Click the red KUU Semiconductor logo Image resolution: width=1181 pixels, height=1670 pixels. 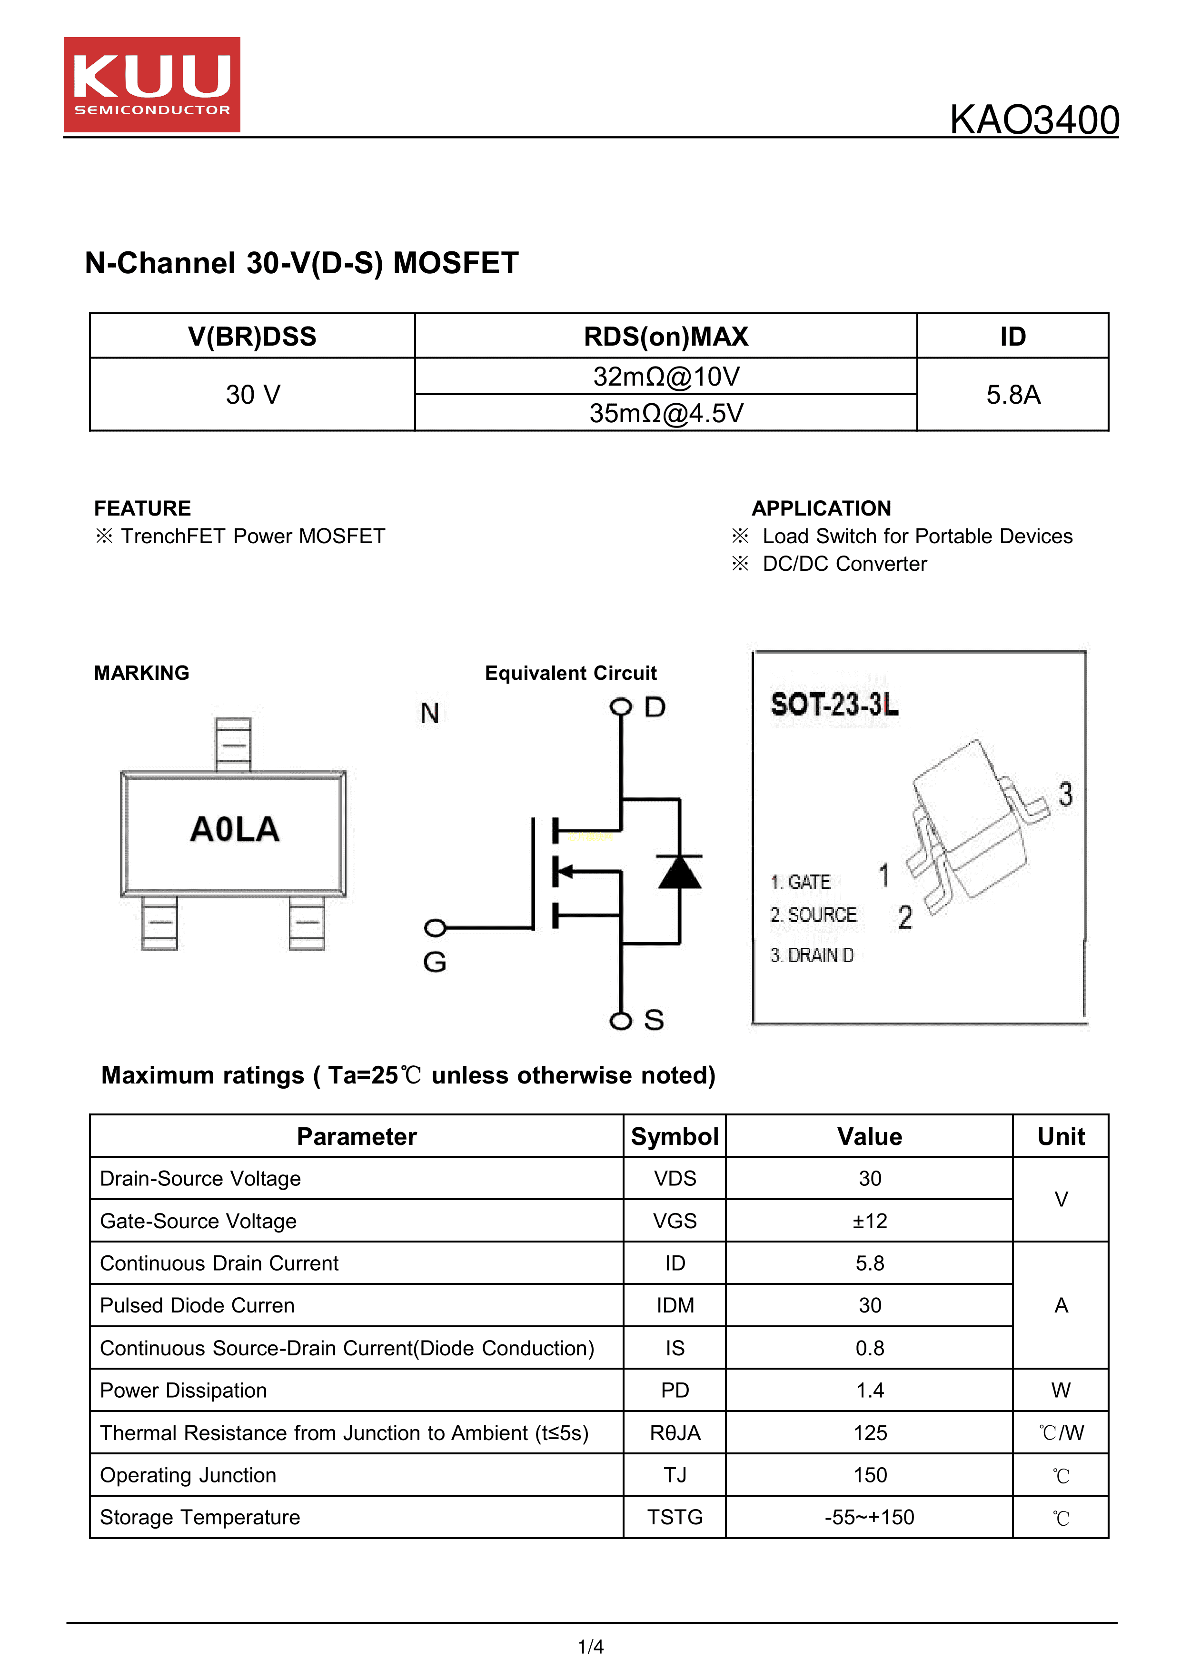[x=152, y=84]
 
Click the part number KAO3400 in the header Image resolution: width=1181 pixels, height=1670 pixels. [x=1033, y=120]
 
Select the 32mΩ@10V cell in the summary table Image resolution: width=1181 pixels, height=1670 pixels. [x=665, y=377]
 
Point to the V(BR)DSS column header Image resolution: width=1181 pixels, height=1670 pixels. [x=252, y=337]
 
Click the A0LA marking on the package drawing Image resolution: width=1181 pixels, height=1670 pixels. [x=234, y=830]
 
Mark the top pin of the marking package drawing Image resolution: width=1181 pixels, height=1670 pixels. [x=233, y=744]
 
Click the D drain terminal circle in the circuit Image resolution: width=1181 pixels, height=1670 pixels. [x=620, y=706]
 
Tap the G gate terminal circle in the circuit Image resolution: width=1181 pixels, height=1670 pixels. [x=435, y=928]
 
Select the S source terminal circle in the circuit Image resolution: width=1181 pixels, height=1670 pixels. [x=620, y=1021]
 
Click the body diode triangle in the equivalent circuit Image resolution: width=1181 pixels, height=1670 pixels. [x=679, y=872]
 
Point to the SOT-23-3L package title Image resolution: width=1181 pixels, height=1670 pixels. [x=834, y=704]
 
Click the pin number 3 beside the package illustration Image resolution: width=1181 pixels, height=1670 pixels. [x=1065, y=794]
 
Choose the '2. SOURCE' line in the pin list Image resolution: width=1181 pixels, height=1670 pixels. [x=814, y=915]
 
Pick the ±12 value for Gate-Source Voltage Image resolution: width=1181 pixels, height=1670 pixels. [x=869, y=1221]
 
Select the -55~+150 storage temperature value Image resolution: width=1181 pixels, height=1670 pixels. [x=869, y=1517]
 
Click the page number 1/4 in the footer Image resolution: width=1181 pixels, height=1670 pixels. [x=590, y=1647]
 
